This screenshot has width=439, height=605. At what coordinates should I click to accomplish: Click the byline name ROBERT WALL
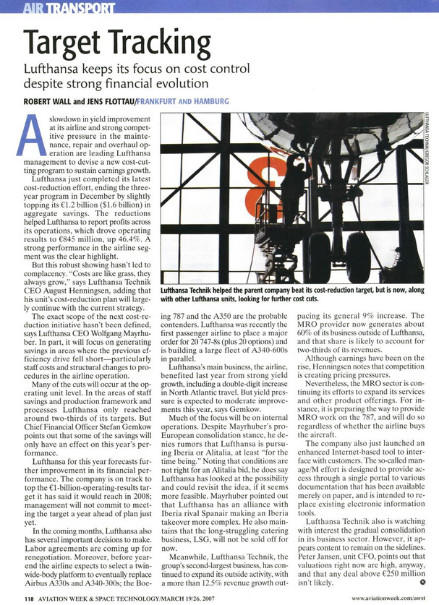50,101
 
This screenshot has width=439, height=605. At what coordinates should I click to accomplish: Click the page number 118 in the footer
28,597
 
